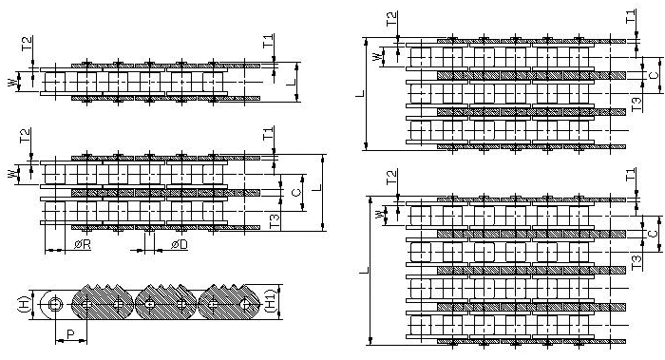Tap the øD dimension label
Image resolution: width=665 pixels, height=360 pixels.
[x=178, y=245]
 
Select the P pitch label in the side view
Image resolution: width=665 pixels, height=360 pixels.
[x=70, y=334]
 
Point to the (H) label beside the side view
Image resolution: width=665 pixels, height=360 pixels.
[x=24, y=304]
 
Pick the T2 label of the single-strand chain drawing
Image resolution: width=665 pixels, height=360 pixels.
[x=26, y=43]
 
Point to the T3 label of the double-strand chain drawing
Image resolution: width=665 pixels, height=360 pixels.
[x=275, y=221]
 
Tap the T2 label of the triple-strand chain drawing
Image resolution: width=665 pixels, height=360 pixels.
[x=390, y=18]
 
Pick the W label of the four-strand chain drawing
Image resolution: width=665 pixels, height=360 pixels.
[x=379, y=215]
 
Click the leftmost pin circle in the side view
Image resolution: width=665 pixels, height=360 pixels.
[x=56, y=305]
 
